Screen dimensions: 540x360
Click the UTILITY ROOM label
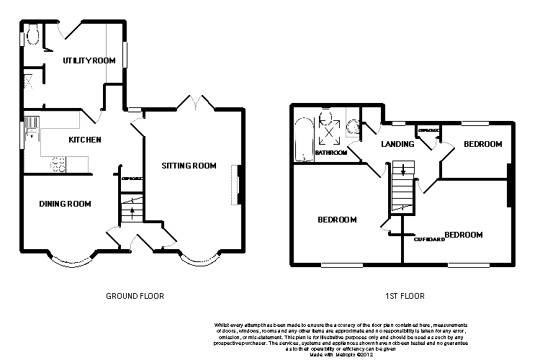[89, 60]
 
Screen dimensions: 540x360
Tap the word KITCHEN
[84, 140]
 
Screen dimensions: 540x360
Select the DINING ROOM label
[65, 204]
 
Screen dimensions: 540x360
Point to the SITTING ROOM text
[189, 166]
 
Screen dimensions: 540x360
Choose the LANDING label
[397, 144]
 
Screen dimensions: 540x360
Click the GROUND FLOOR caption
[135, 296]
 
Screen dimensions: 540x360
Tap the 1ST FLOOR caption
[405, 296]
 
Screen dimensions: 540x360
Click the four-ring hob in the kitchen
[57, 164]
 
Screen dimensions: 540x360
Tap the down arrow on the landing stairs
[402, 171]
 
